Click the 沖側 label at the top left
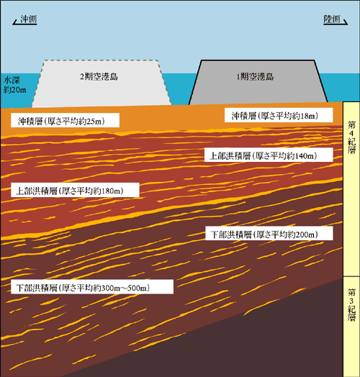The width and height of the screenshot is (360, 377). coord(28,19)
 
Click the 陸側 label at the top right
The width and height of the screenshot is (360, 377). coord(332,19)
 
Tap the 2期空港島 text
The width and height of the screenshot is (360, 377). coord(99,77)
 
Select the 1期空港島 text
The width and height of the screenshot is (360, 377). coord(255,77)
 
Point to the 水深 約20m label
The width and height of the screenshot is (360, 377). coord(15,85)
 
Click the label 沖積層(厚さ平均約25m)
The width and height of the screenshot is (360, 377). coord(61,121)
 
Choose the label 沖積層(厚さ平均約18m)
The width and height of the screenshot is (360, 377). coord(274,116)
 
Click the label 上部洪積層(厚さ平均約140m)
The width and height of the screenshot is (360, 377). coord(263,156)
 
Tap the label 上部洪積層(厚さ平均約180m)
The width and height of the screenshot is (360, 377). coord(70,191)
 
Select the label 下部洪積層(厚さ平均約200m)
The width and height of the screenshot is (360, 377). coord(264,234)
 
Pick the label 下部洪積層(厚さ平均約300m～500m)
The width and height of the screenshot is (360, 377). coord(83,288)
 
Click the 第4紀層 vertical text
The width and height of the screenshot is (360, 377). coord(351,137)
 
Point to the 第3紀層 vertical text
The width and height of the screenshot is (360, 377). coord(351,304)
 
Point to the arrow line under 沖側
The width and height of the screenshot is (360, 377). coord(24,23)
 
